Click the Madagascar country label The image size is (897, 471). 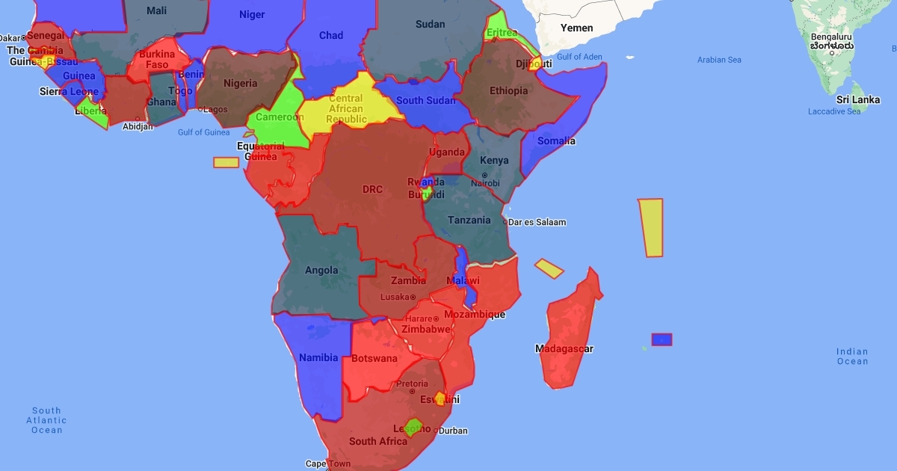(564, 349)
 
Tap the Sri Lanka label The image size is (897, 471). (857, 99)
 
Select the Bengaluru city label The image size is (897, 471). (831, 37)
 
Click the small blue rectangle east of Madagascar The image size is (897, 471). (662, 339)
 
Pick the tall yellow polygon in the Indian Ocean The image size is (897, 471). (651, 227)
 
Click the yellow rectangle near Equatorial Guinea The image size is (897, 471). (226, 162)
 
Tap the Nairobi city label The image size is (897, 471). (485, 183)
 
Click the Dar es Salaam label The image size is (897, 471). (537, 222)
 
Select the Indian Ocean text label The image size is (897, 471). (852, 357)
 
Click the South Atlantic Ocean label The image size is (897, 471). (46, 420)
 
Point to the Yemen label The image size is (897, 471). (576, 28)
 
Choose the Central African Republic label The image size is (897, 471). (346, 109)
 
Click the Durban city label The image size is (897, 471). (452, 431)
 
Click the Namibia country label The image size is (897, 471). (318, 357)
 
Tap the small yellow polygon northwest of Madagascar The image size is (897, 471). (549, 268)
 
